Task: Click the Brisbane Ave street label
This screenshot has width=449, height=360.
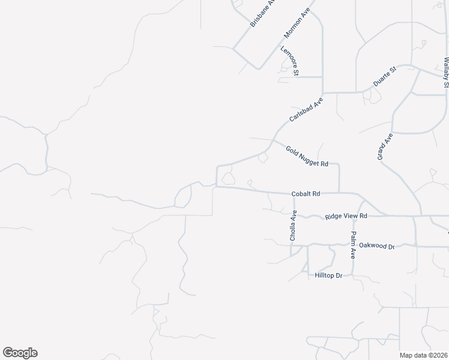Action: tap(262, 13)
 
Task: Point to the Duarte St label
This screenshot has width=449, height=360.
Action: tap(385, 77)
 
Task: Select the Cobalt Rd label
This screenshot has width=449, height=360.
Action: tap(306, 194)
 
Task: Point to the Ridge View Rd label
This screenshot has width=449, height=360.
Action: tap(346, 216)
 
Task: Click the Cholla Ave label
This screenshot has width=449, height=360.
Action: tap(294, 226)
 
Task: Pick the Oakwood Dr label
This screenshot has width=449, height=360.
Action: tap(376, 246)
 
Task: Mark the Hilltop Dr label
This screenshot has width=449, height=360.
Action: tap(328, 275)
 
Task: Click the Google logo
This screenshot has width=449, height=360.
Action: tap(20, 353)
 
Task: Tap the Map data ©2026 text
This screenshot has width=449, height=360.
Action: tap(423, 355)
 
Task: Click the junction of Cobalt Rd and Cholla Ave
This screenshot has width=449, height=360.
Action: tap(294, 193)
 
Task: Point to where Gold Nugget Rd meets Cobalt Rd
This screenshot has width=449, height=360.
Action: tap(339, 193)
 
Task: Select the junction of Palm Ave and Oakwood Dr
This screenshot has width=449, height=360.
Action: tap(354, 245)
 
